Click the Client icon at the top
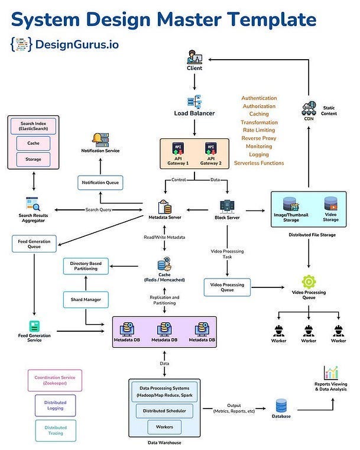[x=194, y=57]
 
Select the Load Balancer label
[x=194, y=113]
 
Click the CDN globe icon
[x=309, y=109]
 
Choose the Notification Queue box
[x=100, y=183]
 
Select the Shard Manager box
[x=86, y=300]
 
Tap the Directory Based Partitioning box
[x=88, y=266]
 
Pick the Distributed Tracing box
[x=56, y=430]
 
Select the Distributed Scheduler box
[x=164, y=410]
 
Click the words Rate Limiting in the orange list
[x=258, y=130]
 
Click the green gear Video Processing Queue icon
[x=309, y=281]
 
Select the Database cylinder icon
[x=281, y=406]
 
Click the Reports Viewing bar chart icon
[x=331, y=373]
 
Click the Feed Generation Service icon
[x=34, y=326]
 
